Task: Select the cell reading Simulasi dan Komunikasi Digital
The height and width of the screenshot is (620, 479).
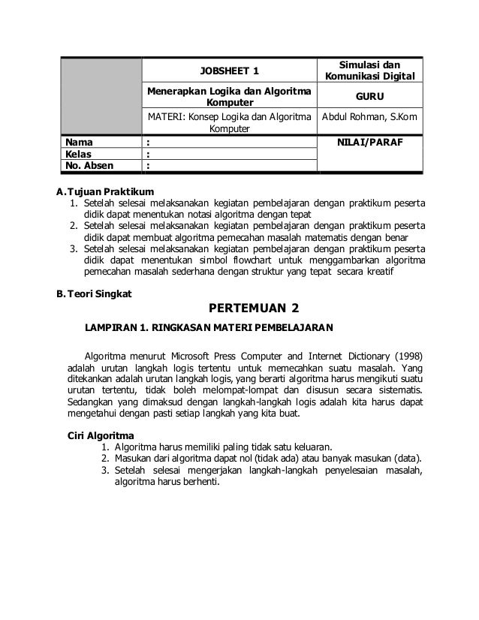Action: click(372, 71)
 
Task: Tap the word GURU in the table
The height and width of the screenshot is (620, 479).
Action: click(372, 97)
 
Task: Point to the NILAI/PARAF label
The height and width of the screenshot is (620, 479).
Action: click(372, 140)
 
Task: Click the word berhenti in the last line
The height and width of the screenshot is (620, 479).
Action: click(199, 483)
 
